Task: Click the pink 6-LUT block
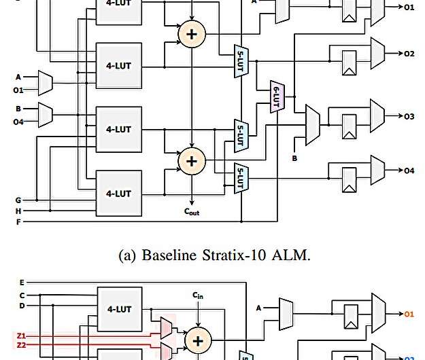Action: [x=277, y=97]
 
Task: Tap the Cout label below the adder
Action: [x=192, y=212]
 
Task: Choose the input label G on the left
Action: [x=18, y=200]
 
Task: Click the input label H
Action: [x=18, y=211]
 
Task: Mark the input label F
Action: [x=18, y=221]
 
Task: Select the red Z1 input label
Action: [x=20, y=336]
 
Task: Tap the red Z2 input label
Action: [x=20, y=345]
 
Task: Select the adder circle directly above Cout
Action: [x=192, y=161]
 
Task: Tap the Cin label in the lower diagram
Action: [x=197, y=296]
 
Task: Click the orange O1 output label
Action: [x=409, y=314]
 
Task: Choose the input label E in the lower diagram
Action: [x=21, y=281]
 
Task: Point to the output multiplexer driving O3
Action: [x=377, y=117]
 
